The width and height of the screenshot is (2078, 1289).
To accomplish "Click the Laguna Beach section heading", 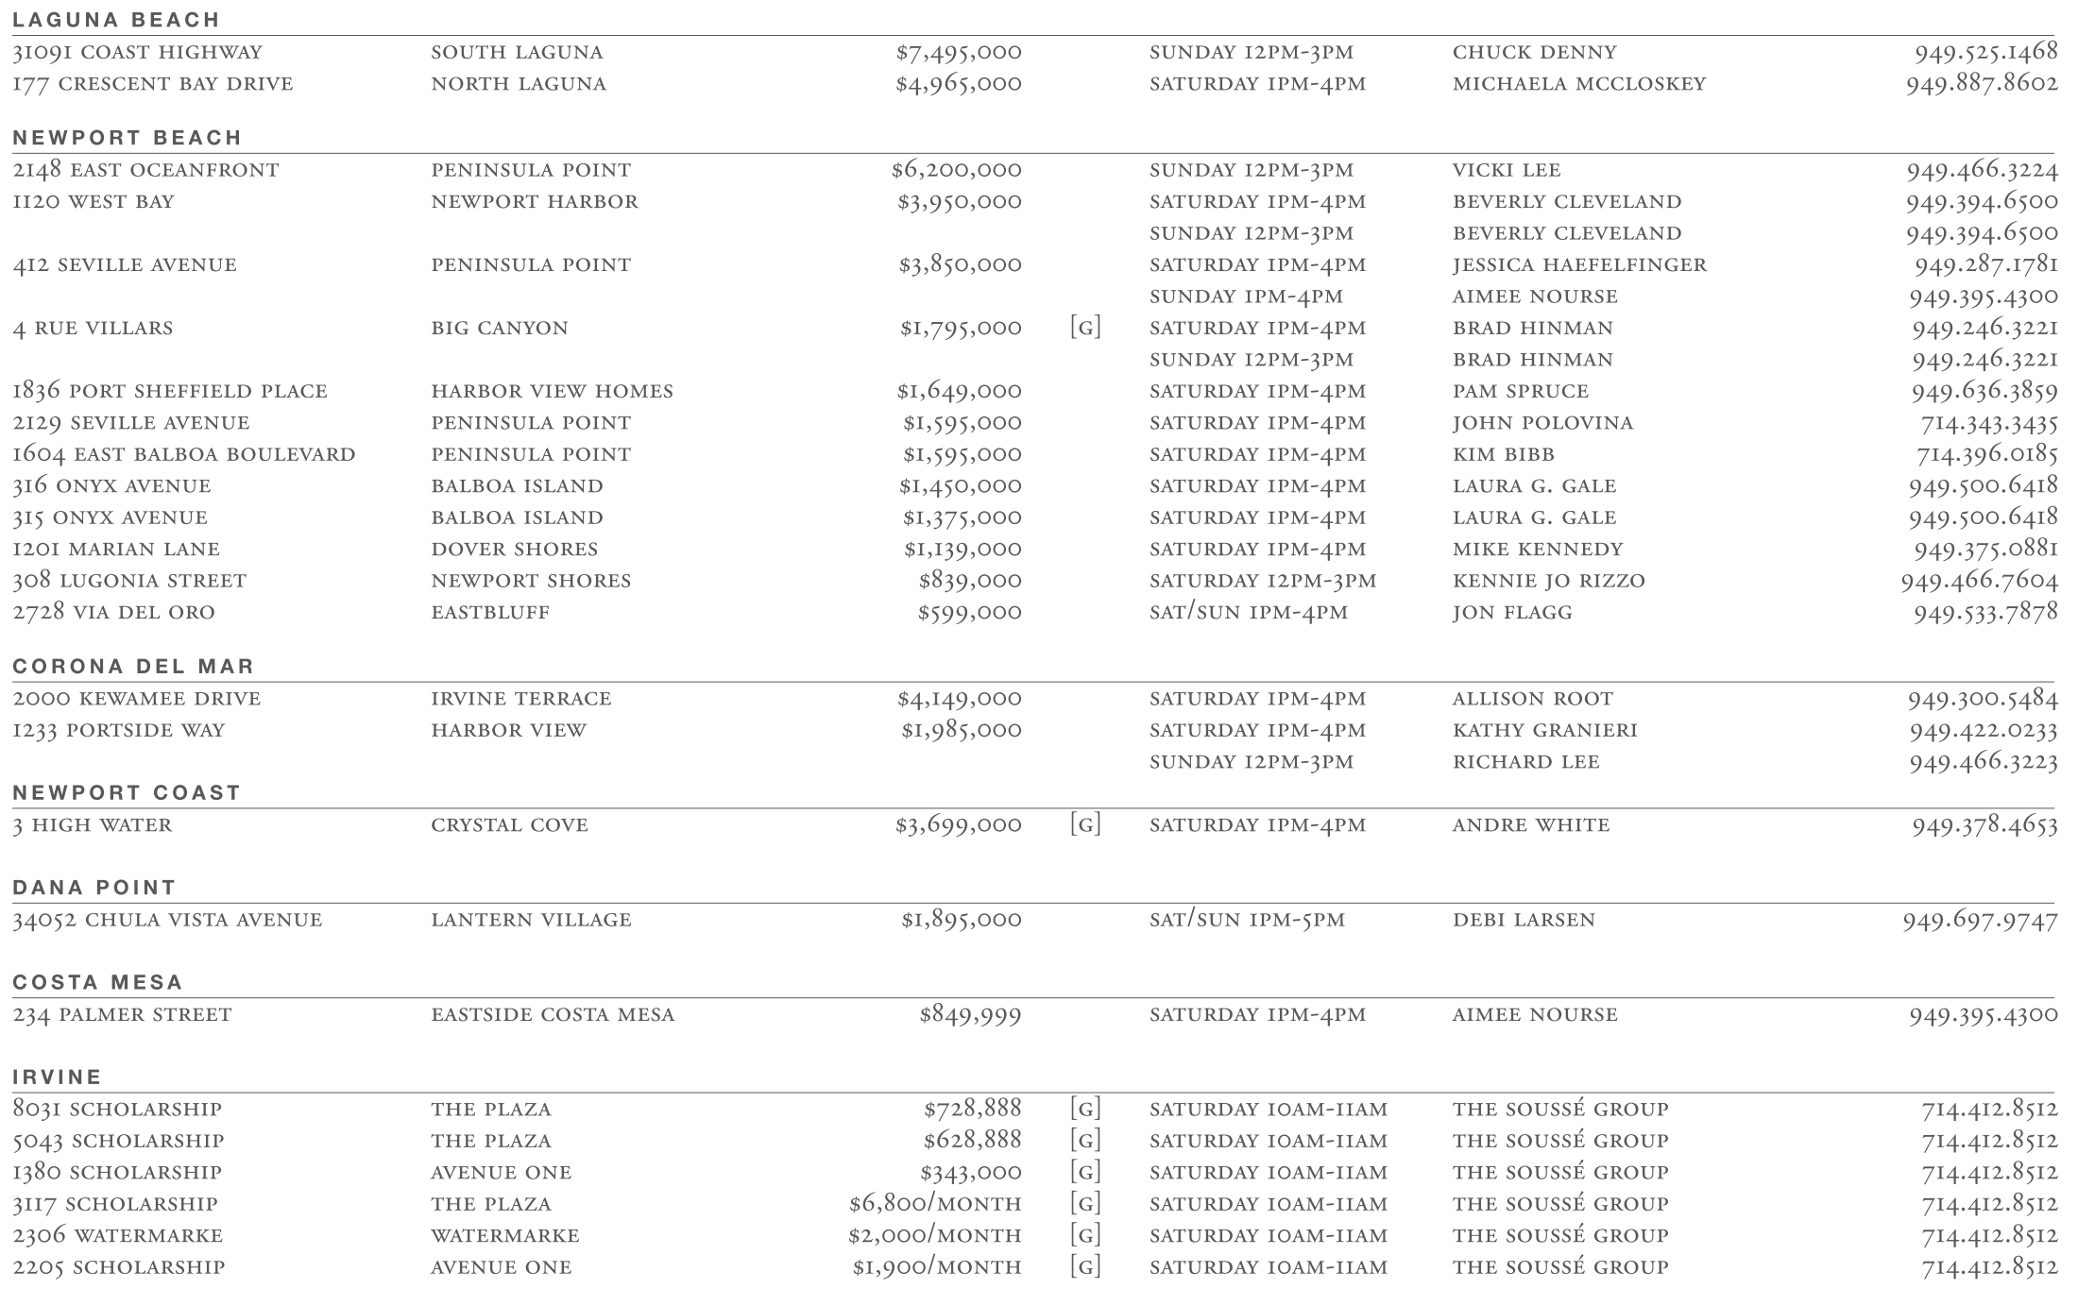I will (x=116, y=20).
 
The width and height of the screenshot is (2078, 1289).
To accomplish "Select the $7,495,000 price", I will (x=958, y=53).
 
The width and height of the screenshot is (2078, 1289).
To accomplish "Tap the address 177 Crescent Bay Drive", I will (x=153, y=84).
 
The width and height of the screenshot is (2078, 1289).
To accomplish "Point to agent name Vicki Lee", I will (x=1507, y=171).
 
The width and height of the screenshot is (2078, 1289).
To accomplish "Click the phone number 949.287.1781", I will (x=1985, y=265).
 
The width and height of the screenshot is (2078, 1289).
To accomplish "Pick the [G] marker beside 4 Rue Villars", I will (x=1085, y=329).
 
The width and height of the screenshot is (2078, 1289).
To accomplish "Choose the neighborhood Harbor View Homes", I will (x=552, y=392).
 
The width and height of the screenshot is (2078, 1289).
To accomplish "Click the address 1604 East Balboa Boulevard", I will (x=184, y=455).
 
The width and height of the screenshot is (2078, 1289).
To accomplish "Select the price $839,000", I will (x=969, y=582).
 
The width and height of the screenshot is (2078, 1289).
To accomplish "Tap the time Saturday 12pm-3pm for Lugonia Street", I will (x=1263, y=582).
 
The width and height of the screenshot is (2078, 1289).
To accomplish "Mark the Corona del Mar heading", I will (x=133, y=667).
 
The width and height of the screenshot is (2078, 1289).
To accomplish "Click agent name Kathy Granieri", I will (x=1544, y=731).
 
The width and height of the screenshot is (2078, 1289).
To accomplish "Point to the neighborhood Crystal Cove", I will (x=509, y=825).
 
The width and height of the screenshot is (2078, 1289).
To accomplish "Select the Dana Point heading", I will (x=94, y=888).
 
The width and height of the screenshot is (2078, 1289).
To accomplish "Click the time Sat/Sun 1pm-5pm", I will (x=1247, y=920).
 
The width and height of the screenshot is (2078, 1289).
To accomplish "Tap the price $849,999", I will (x=970, y=1015).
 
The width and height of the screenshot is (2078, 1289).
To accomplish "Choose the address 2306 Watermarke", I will (x=118, y=1236).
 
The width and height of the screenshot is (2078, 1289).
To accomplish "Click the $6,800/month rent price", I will (x=934, y=1204).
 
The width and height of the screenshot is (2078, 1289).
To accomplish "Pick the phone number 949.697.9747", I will (x=1980, y=920).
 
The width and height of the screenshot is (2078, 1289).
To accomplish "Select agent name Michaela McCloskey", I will (x=1578, y=84).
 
